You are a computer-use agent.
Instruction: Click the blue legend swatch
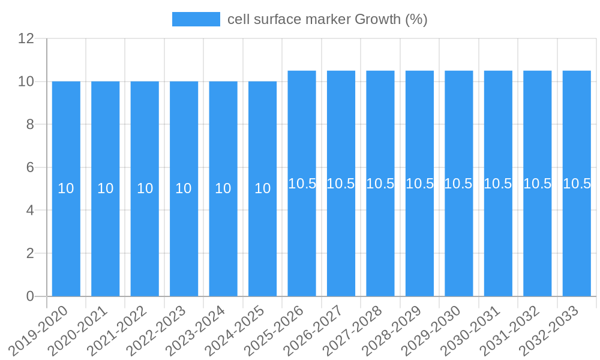tap(196, 19)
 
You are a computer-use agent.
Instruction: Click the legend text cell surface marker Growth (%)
tap(327, 19)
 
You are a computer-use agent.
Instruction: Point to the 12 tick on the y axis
tap(26, 39)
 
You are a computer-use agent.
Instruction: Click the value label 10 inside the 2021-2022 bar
tap(145, 188)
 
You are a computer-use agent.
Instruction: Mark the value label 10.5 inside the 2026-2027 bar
tap(341, 184)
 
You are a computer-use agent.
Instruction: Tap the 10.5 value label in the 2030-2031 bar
tap(498, 184)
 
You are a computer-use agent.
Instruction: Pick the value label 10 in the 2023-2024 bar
tap(223, 188)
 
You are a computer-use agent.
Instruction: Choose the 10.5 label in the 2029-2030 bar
tap(458, 184)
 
